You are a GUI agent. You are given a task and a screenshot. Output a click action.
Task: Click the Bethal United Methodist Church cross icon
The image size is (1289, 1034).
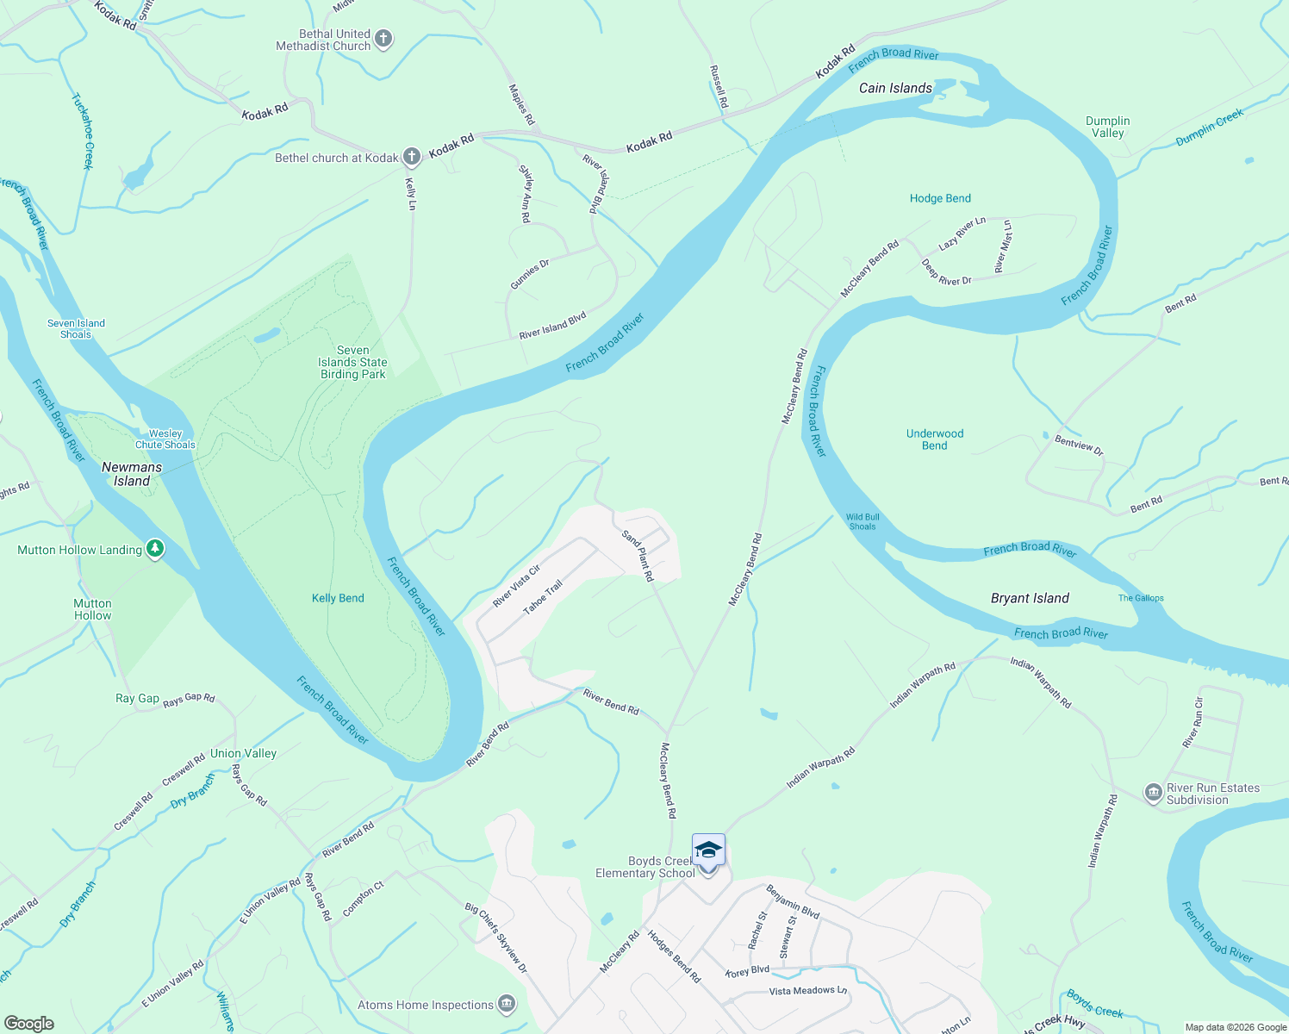(x=383, y=39)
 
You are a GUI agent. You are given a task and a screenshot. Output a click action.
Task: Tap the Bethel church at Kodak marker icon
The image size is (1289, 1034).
(x=412, y=157)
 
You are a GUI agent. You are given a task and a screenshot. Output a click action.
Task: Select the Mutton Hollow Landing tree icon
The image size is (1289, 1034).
(x=155, y=549)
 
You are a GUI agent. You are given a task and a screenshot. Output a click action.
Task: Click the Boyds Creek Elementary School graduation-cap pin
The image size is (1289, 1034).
(x=708, y=851)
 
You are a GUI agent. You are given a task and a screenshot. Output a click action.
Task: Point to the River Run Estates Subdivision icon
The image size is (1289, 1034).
(x=1153, y=794)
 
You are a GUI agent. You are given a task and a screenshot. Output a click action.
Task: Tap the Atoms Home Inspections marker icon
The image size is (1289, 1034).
(x=507, y=1004)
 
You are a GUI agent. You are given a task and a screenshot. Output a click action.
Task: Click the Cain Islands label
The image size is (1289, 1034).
(x=895, y=88)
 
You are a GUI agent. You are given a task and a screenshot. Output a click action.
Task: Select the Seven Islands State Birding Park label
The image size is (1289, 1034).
(x=352, y=362)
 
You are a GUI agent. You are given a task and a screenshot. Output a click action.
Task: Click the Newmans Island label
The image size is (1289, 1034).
(x=132, y=474)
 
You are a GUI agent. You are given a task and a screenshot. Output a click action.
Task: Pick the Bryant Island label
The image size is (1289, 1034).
(x=1030, y=598)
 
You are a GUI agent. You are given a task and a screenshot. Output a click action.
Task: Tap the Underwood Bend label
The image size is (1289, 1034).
(x=935, y=439)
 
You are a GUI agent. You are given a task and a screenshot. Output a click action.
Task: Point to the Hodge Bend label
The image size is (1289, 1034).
(x=940, y=198)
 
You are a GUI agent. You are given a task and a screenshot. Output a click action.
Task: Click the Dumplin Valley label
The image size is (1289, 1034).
(x=1107, y=127)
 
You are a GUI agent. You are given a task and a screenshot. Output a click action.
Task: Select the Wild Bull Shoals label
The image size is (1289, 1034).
(x=862, y=521)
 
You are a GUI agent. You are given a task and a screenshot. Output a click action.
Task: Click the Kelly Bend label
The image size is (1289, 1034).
(x=338, y=598)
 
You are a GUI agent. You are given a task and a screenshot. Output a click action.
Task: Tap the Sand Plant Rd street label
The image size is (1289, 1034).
(x=638, y=556)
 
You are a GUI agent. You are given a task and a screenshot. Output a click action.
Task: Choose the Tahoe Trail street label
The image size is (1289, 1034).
(x=543, y=597)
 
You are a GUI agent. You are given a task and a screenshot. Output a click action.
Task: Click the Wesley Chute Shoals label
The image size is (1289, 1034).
(x=165, y=439)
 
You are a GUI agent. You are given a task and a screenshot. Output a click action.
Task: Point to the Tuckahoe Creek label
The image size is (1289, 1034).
(x=83, y=131)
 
